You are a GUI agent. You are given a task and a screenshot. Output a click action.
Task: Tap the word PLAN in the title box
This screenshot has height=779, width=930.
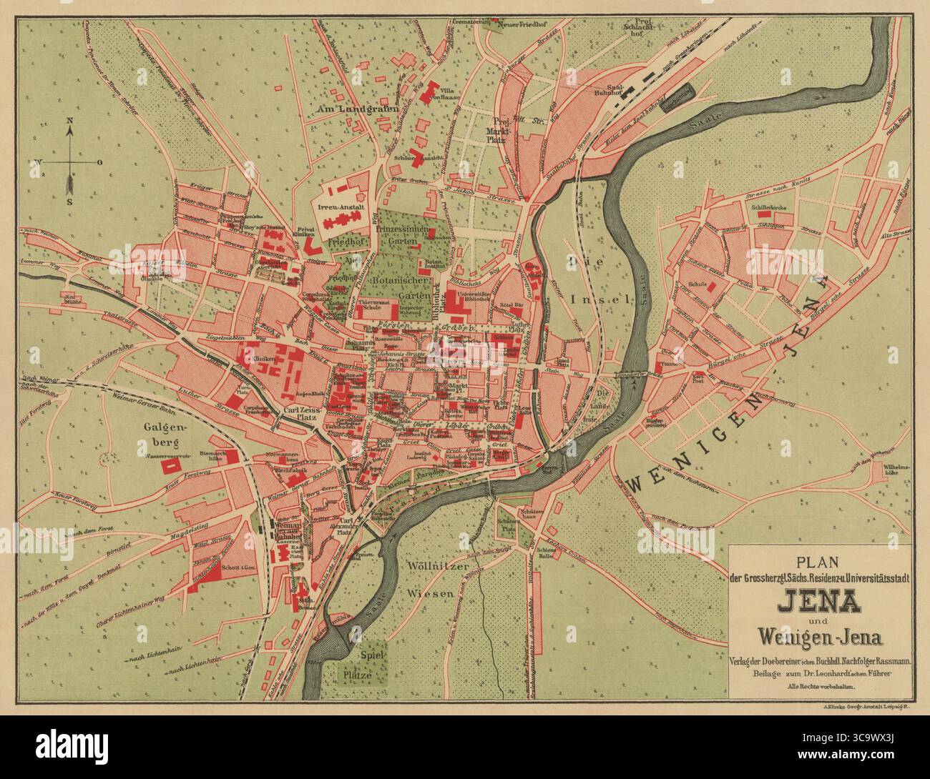820,562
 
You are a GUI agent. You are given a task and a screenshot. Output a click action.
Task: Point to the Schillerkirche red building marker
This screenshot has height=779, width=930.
764,213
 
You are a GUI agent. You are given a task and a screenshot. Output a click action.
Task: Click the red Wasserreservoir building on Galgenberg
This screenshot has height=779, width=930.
170,465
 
